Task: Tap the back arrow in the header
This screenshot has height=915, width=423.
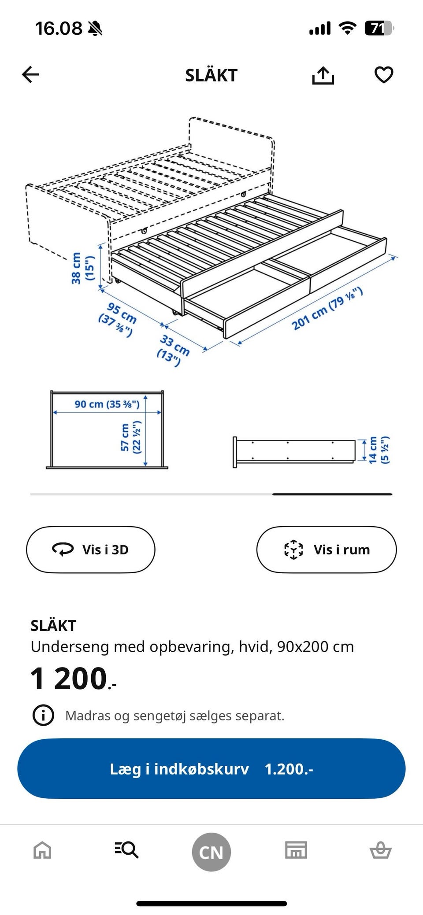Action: [x=30, y=74]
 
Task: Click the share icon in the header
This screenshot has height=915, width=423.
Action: [x=323, y=75]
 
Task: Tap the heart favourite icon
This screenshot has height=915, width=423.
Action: [x=384, y=75]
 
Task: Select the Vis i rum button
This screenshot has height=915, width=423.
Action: [x=327, y=550]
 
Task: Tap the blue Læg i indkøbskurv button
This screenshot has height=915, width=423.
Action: [x=211, y=769]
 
